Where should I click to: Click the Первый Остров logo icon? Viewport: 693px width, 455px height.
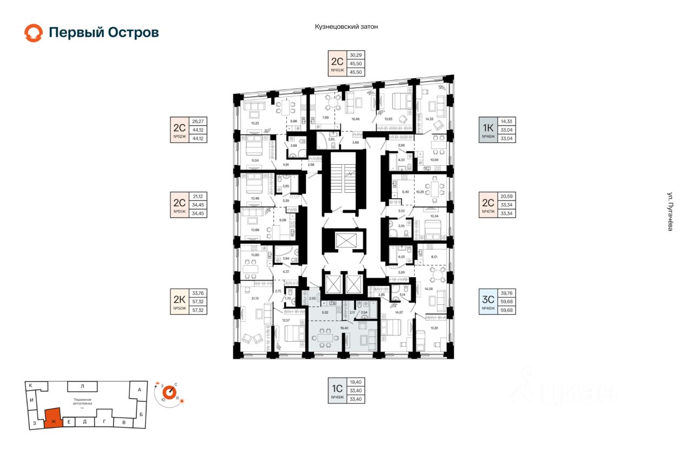pyautogui.click(x=33, y=32)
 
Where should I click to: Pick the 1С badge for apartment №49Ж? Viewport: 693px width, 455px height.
pyautogui.click(x=338, y=388)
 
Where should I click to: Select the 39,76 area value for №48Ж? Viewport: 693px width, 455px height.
pyautogui.click(x=508, y=293)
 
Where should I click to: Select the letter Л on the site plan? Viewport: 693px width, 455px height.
pyautogui.click(x=82, y=386)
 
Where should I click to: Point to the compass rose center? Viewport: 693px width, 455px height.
pyautogui.click(x=168, y=392)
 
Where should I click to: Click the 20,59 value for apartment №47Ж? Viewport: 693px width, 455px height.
pyautogui.click(x=508, y=196)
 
